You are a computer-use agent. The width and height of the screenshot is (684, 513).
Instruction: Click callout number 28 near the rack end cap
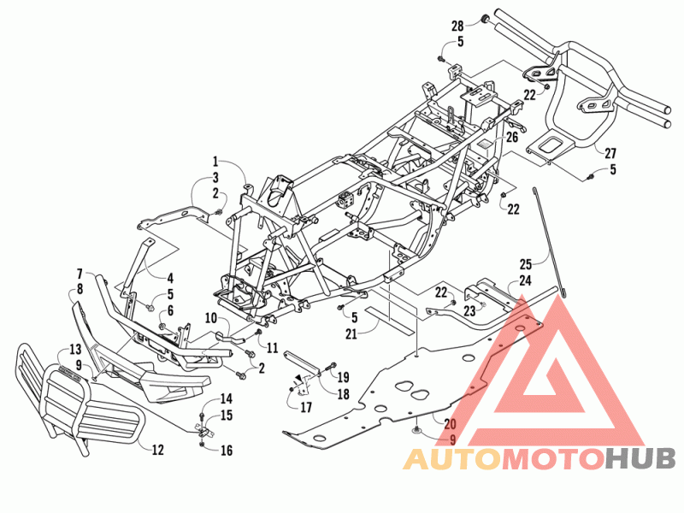click(457, 27)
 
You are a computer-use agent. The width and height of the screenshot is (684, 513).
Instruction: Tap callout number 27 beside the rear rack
click(610, 153)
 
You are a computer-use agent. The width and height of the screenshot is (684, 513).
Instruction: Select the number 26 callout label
click(511, 137)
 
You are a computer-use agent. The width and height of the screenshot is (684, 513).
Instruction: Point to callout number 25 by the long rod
click(526, 264)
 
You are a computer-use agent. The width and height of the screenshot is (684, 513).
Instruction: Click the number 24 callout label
click(525, 280)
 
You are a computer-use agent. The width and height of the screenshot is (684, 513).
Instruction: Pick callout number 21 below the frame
click(351, 334)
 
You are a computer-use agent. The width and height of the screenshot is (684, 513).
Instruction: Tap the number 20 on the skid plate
click(451, 423)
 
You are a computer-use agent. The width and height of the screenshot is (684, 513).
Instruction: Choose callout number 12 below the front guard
click(157, 450)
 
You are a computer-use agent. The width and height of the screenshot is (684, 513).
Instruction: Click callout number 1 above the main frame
click(215, 162)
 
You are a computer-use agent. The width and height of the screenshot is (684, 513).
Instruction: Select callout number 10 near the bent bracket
click(211, 318)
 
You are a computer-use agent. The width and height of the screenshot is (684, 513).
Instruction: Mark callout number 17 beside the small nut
click(306, 408)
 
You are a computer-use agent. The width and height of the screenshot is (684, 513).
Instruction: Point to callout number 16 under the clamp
click(227, 451)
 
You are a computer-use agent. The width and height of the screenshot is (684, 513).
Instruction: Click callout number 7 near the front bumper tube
click(80, 274)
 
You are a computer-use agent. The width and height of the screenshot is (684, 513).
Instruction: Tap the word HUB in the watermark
click(640, 458)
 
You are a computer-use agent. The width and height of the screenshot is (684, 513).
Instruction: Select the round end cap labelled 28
click(484, 19)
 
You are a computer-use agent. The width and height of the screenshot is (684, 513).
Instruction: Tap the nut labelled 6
click(162, 327)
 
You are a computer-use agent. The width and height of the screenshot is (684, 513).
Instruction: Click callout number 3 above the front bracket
click(215, 178)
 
